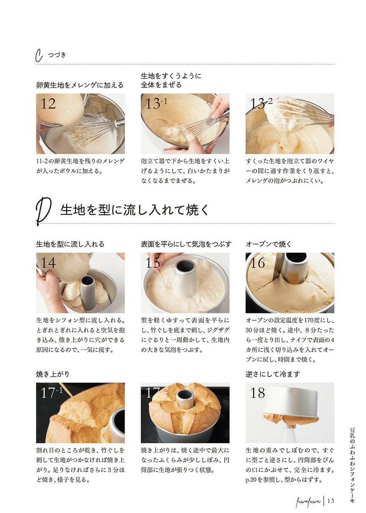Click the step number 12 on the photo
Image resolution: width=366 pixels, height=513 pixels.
pos(48,104)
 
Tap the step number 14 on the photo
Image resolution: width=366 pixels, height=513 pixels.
pos(48,263)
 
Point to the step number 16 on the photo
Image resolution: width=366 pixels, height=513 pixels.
pos(258,263)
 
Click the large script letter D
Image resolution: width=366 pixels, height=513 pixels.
pos(43,211)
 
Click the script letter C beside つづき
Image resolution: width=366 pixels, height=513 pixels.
pos(39,56)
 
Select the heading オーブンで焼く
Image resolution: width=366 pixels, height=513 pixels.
pos(268,244)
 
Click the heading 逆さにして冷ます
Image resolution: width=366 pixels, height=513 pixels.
pos(273,374)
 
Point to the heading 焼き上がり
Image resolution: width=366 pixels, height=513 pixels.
pos(53,374)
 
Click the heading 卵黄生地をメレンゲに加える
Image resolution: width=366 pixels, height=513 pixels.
pos(80,85)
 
